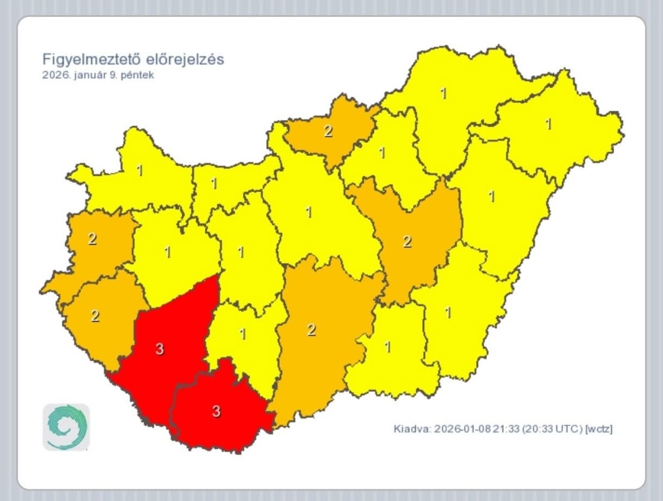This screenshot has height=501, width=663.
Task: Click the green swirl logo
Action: (66, 427)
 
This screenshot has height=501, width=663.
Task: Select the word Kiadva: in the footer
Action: (412, 429)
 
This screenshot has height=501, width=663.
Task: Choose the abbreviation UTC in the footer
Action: (568, 429)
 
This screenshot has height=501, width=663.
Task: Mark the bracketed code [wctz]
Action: (599, 429)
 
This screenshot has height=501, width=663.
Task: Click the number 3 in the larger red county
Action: (160, 349)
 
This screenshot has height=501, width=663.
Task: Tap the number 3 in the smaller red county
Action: (217, 411)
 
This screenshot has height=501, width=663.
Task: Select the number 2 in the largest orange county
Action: (311, 330)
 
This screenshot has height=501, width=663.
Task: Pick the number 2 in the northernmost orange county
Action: (328, 131)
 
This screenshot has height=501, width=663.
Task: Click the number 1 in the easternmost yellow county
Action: (548, 123)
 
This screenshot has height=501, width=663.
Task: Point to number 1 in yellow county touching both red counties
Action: (243, 334)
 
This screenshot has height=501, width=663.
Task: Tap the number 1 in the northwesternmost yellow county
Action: (139, 170)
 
